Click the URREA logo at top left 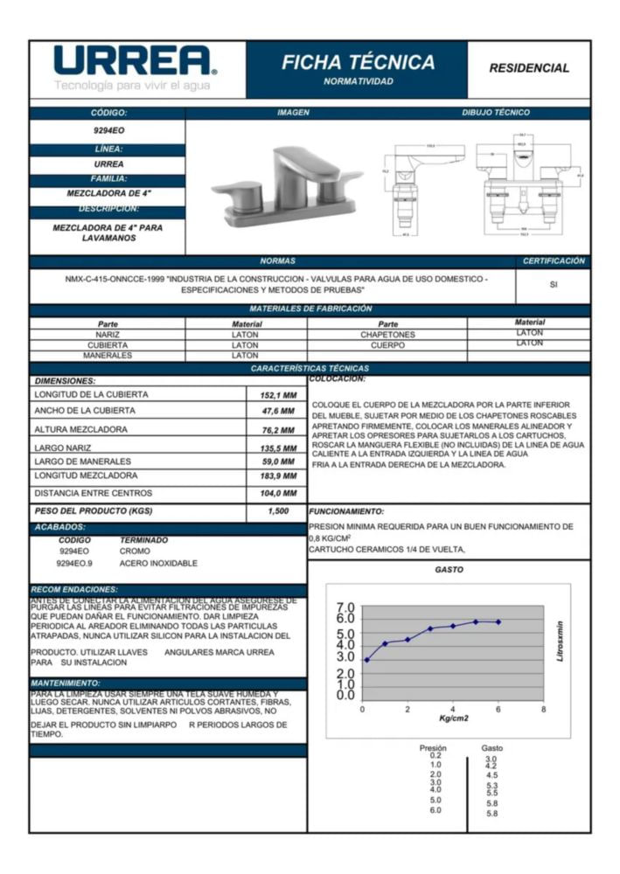[x=136, y=62]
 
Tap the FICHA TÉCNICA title [x=358, y=63]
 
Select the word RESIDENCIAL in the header [x=528, y=68]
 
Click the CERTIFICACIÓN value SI [x=554, y=283]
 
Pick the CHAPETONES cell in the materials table [x=387, y=334]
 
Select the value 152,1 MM [x=277, y=395]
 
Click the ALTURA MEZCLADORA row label [x=80, y=429]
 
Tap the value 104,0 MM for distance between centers [x=277, y=493]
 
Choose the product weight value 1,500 [x=277, y=510]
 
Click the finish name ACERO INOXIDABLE [x=158, y=564]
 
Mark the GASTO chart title [x=449, y=570]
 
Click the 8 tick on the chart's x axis [x=543, y=709]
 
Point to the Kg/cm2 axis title [x=453, y=718]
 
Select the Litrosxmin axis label [x=561, y=642]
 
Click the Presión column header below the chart [x=433, y=748]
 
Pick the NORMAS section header [x=277, y=261]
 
